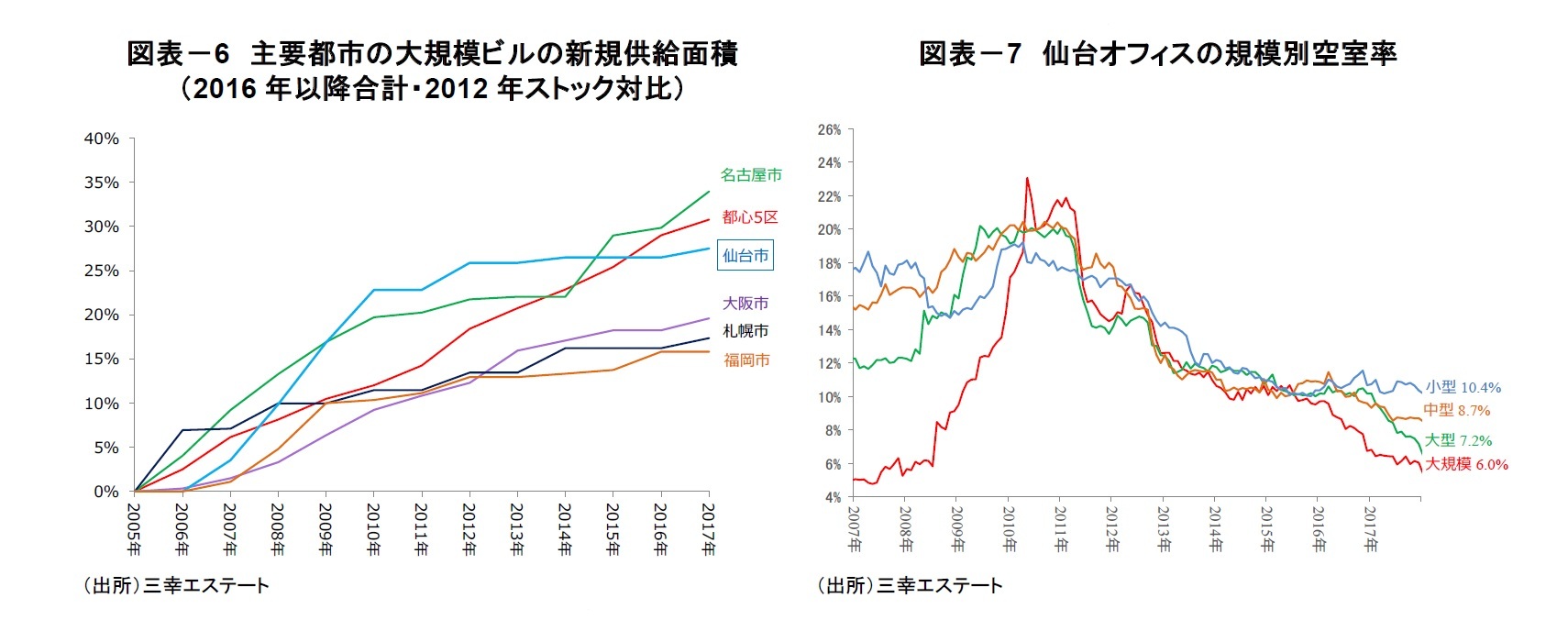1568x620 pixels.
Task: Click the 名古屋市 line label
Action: [x=750, y=174]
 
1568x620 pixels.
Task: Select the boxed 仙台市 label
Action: [x=745, y=255]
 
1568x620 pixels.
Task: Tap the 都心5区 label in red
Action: [x=749, y=216]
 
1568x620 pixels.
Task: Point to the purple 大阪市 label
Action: [x=745, y=303]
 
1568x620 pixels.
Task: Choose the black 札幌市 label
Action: [x=745, y=330]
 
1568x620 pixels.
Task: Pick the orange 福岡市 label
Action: [x=746, y=360]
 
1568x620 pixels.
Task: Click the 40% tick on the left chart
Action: [x=101, y=138]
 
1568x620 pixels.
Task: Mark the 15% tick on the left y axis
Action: [x=101, y=359]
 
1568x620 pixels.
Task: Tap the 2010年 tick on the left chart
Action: [x=373, y=529]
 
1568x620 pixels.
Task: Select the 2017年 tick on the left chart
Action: [x=708, y=529]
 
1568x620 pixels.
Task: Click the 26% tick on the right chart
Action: [x=829, y=130]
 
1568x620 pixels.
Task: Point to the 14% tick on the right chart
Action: [x=829, y=330]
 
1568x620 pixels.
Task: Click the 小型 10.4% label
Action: [x=1463, y=387]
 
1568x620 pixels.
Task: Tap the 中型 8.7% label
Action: [x=1456, y=410]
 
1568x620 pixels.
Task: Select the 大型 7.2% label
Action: [x=1458, y=440]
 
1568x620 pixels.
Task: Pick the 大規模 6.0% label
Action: [x=1465, y=464]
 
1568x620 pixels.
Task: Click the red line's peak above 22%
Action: [x=1027, y=179]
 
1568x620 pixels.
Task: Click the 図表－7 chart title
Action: [x=1157, y=54]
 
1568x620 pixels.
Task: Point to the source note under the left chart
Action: [x=175, y=585]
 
